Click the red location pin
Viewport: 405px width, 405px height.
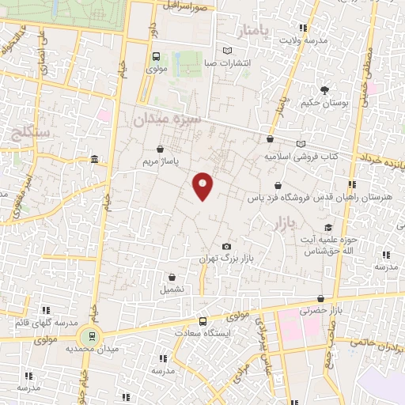coord(203,185)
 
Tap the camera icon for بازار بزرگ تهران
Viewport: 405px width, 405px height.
coord(227,247)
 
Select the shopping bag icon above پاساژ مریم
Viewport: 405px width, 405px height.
coord(161,148)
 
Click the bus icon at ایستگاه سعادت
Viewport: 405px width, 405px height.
coord(202,321)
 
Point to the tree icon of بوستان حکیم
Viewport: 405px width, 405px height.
coord(324,91)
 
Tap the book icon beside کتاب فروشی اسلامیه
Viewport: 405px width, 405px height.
coord(300,144)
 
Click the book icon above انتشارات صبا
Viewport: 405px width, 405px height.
coord(228,51)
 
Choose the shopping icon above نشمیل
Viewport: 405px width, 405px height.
coord(172,277)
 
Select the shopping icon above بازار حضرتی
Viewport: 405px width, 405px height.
coord(320,299)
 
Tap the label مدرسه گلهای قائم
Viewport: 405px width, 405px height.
coord(46,323)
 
